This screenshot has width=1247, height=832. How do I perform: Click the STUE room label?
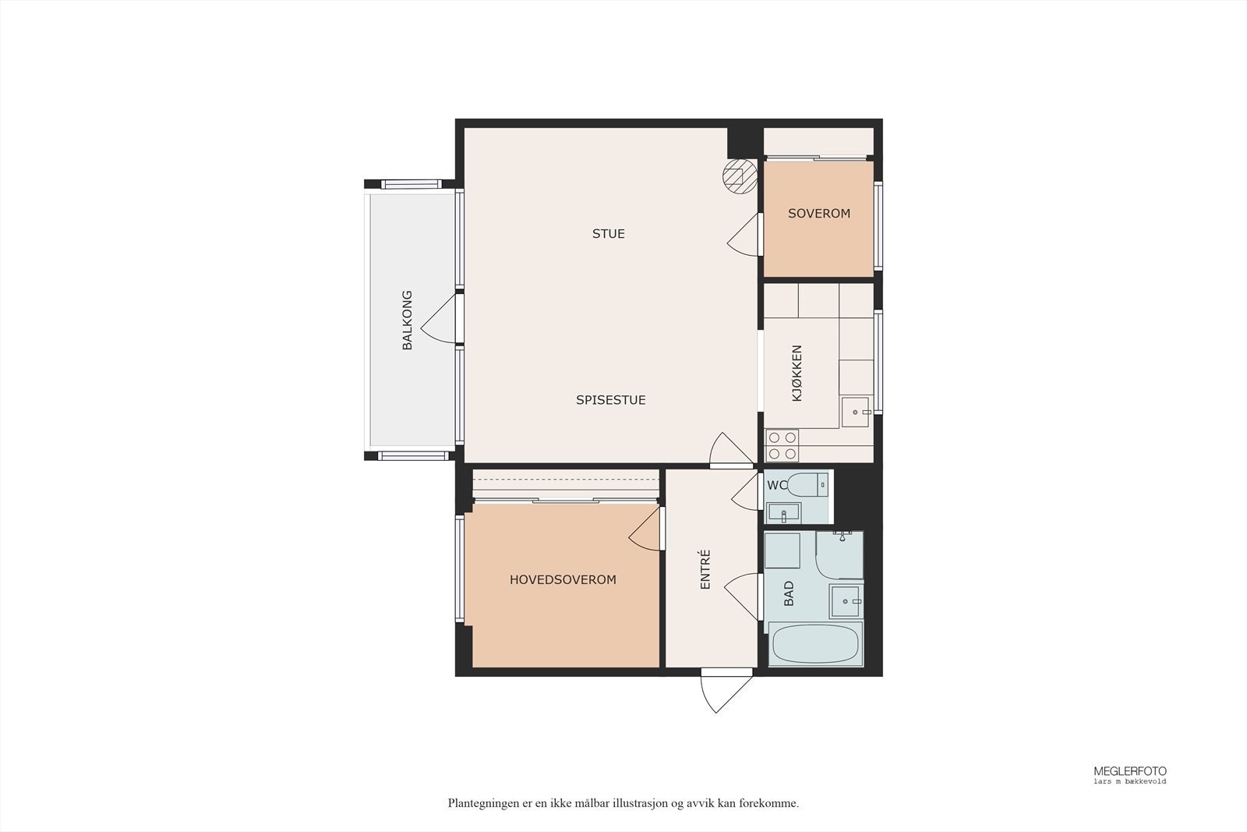point(609,234)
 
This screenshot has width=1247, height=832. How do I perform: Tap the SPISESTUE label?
point(611,400)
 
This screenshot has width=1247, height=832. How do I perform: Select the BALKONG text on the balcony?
point(408,320)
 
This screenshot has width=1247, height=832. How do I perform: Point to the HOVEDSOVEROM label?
point(563,579)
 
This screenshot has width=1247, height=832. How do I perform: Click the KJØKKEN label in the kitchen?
point(797,374)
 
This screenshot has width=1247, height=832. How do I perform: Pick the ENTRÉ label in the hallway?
point(705,569)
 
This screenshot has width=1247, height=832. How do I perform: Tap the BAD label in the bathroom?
point(789,593)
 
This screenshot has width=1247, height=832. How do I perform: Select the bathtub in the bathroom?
point(814,644)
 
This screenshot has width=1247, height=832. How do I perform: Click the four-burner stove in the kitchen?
point(782,445)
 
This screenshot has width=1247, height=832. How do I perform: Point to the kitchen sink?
point(855,412)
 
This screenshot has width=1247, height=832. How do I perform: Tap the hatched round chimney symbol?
point(740,176)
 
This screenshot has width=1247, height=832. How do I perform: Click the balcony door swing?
point(439,319)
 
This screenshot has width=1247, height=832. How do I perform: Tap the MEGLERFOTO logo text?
point(1130,771)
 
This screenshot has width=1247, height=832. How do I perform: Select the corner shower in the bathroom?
point(839,555)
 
